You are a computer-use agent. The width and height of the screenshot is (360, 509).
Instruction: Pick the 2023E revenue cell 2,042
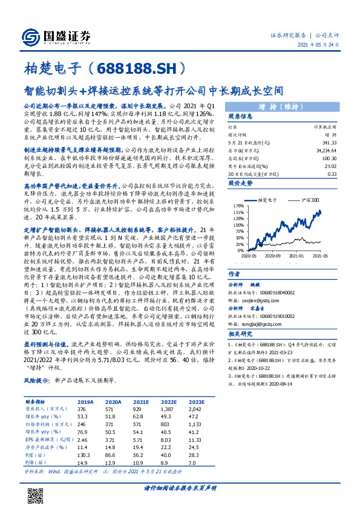pos(195,408)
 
